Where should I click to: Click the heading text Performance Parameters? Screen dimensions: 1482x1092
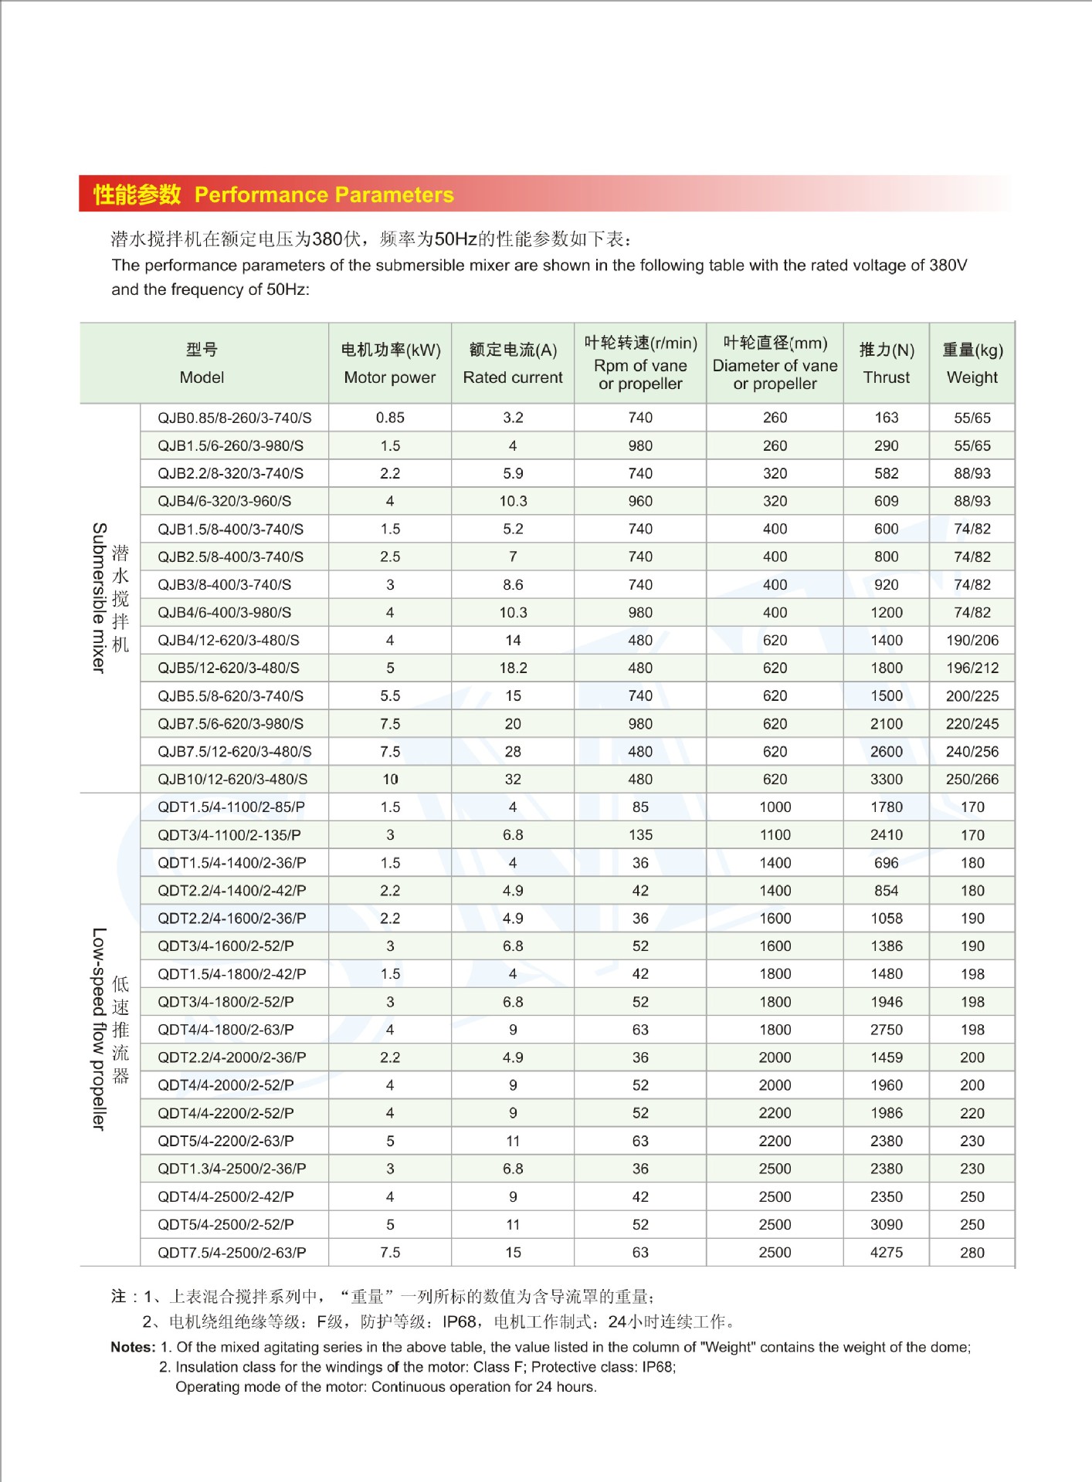coord(324,195)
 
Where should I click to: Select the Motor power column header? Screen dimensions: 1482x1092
coord(390,364)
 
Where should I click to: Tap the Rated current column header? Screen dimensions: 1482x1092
coord(513,364)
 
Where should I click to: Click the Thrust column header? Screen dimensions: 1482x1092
coord(887,364)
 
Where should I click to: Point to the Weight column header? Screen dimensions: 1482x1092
coord(972,364)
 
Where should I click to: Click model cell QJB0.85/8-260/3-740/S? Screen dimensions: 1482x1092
coord(235,418)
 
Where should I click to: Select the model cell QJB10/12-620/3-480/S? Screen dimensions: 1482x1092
coord(232,780)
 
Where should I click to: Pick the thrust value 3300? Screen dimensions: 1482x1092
coord(887,780)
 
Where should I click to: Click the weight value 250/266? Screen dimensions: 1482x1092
coord(972,780)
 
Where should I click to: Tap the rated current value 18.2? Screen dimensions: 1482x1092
coord(513,668)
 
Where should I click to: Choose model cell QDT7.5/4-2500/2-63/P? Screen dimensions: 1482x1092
coord(232,1253)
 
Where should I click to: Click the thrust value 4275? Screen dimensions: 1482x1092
coord(887,1253)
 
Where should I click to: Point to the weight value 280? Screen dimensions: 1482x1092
coord(972,1253)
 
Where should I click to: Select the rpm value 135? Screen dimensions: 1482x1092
coord(640,835)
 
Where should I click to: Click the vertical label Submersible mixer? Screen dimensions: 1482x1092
coord(99,597)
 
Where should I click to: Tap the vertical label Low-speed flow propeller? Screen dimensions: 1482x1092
coord(99,1029)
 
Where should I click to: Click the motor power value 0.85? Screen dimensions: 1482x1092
coord(390,418)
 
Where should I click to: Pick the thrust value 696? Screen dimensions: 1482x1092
coord(887,863)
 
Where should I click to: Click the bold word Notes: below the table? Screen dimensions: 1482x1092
coord(133,1348)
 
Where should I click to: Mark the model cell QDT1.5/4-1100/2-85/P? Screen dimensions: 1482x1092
coord(231,807)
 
